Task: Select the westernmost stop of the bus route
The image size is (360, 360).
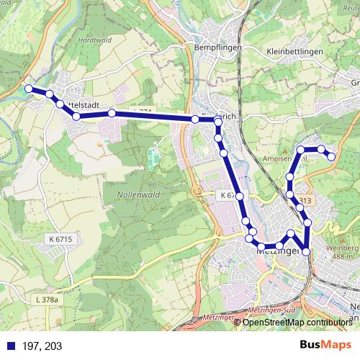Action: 29,89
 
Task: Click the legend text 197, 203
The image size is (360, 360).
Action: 42,346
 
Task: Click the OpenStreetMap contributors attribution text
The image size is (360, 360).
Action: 296,323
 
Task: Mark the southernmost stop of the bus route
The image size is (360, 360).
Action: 307,251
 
